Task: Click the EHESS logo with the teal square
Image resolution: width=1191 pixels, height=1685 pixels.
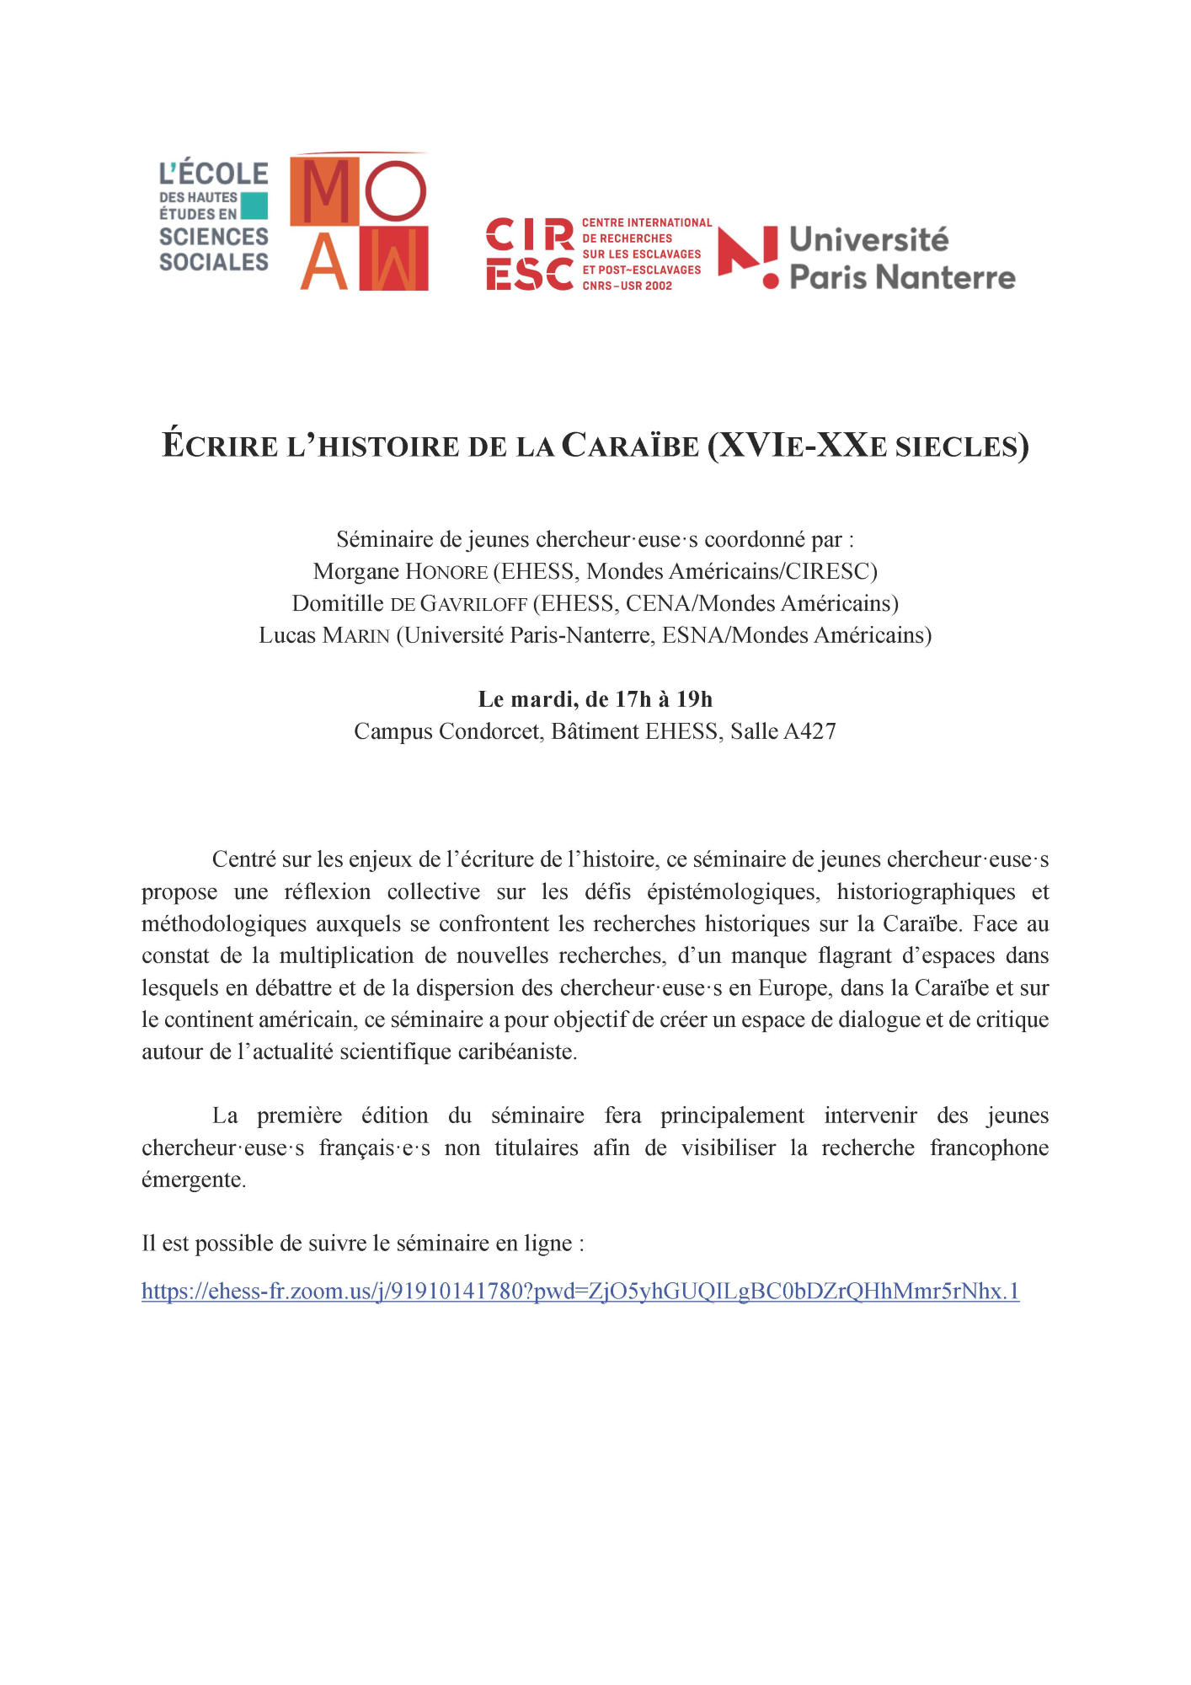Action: (214, 217)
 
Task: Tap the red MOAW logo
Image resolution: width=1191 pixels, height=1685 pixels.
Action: (360, 222)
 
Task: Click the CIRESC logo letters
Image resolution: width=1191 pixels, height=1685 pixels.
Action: (530, 254)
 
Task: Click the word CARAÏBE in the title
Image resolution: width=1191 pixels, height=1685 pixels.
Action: (630, 446)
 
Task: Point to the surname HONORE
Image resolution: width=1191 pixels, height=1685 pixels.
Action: (446, 572)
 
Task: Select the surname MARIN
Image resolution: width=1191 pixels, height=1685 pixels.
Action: (356, 636)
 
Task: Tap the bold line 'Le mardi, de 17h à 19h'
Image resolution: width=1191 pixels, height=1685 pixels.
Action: (595, 699)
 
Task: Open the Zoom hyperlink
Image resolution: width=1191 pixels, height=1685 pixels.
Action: (580, 1292)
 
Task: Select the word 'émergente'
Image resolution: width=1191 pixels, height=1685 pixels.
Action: (193, 1180)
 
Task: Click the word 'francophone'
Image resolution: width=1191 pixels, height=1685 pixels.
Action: (989, 1148)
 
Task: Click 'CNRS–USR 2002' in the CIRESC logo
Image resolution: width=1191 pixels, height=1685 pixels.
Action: (628, 286)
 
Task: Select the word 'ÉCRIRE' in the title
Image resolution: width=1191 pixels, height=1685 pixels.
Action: (220, 446)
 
